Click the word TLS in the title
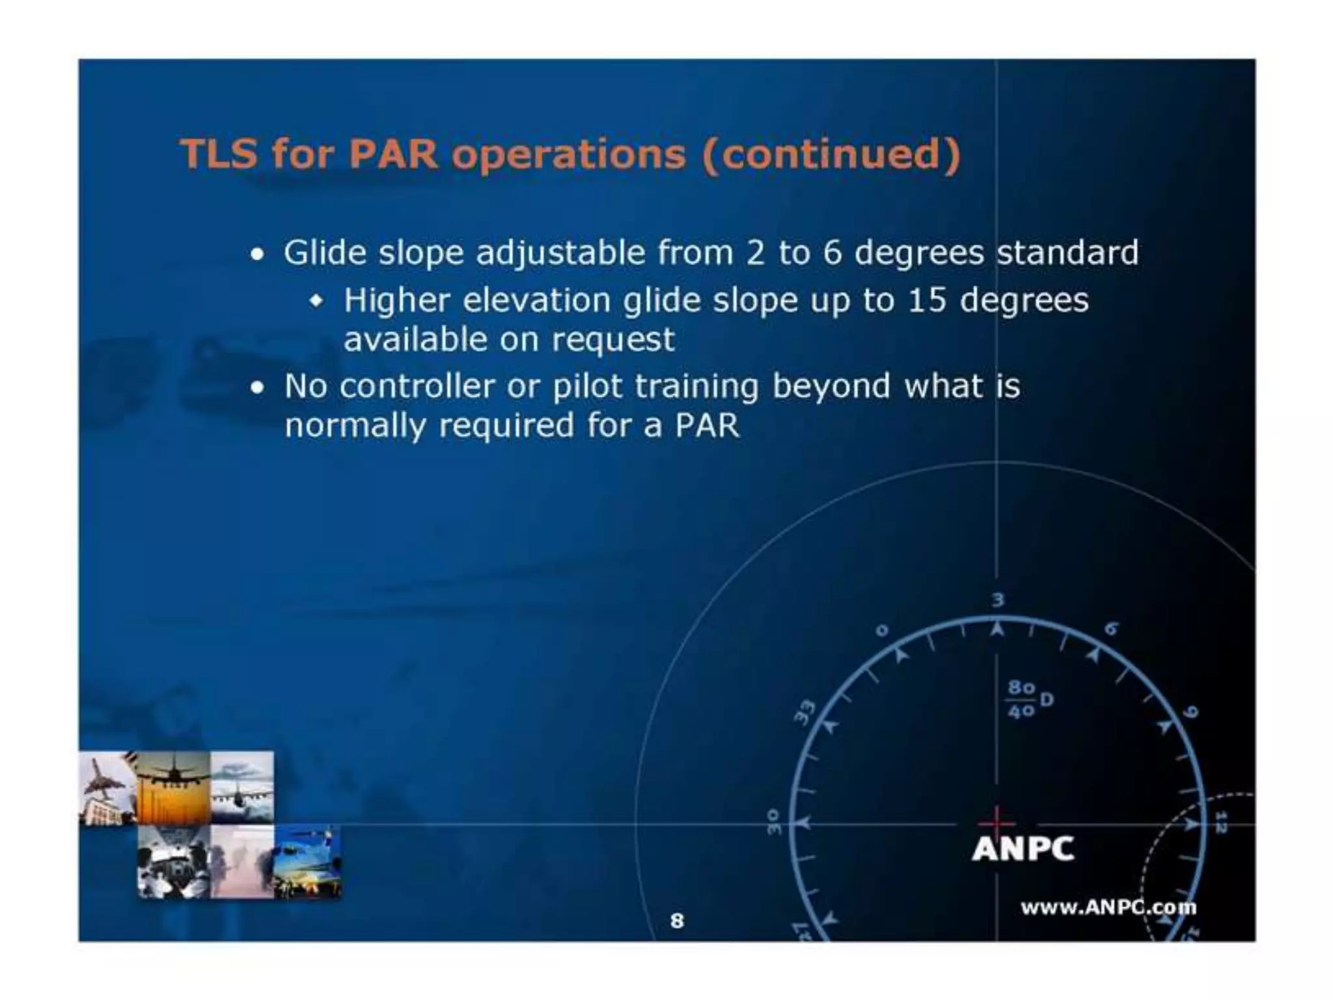pyautogui.click(x=219, y=154)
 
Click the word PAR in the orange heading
pyautogui.click(x=393, y=154)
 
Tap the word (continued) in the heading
pyautogui.click(x=831, y=154)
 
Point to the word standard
pyautogui.click(x=1067, y=252)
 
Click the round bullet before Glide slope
pyautogui.click(x=258, y=255)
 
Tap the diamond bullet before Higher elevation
pyautogui.click(x=317, y=301)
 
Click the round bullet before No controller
pyautogui.click(x=258, y=388)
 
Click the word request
pyautogui.click(x=613, y=339)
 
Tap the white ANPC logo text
pyautogui.click(x=1023, y=849)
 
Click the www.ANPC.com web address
pyautogui.click(x=1108, y=907)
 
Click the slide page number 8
pyautogui.click(x=677, y=921)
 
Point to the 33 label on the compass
pyautogui.click(x=806, y=712)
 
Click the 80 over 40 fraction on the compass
pyautogui.click(x=1022, y=699)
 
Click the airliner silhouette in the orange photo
pyautogui.click(x=173, y=774)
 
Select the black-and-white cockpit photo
pyautogui.click(x=173, y=863)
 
